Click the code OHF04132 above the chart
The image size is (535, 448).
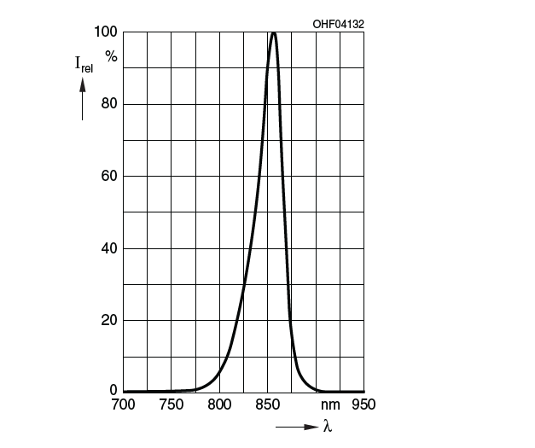(x=339, y=24)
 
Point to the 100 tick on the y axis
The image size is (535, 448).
(x=106, y=32)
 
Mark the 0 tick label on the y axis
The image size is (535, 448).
(x=113, y=391)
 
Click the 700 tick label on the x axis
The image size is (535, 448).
(x=123, y=404)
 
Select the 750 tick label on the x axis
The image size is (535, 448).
(x=172, y=404)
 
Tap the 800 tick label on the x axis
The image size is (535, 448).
(x=220, y=404)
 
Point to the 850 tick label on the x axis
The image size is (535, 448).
(x=269, y=404)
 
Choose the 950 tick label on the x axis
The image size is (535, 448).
(x=364, y=404)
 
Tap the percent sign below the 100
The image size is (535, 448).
(x=111, y=56)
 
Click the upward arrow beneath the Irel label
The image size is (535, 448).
(x=83, y=96)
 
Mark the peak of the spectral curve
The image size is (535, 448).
(x=273, y=33)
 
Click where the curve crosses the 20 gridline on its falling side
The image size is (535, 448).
(x=290, y=321)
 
